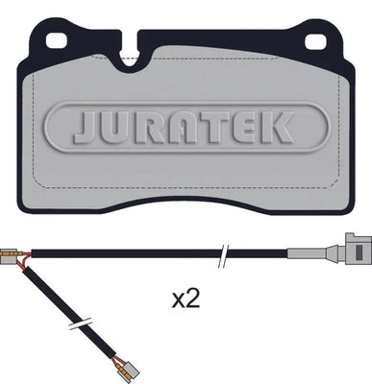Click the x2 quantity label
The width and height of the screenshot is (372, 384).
(186, 300)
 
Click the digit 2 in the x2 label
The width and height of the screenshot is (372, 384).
(193, 300)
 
